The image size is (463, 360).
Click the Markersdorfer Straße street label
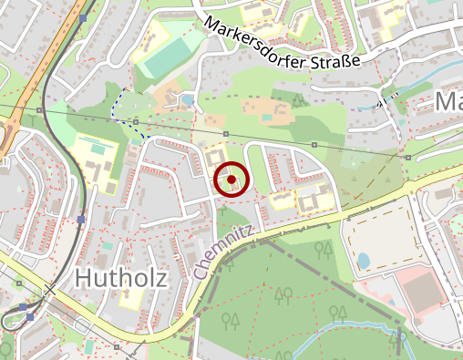click(283, 41)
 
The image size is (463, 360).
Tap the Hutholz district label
click(122, 278)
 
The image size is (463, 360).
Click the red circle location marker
click(231, 180)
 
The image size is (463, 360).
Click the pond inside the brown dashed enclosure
click(365, 262)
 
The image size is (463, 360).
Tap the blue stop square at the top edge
click(84, 17)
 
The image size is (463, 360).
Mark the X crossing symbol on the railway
click(49, 290)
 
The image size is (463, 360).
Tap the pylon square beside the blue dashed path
click(136, 120)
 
